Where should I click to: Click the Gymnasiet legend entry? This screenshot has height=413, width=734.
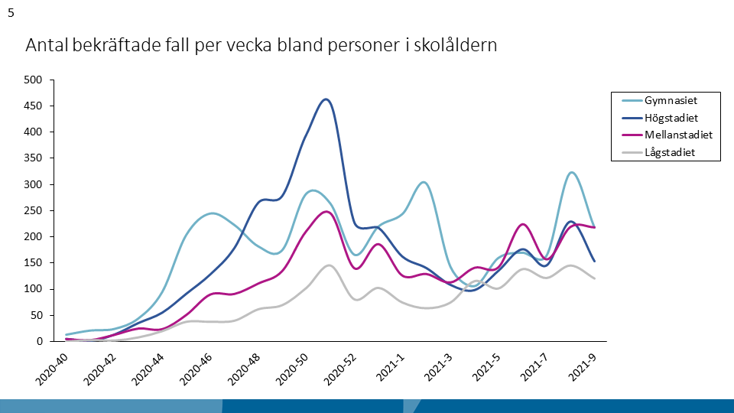tap(671, 100)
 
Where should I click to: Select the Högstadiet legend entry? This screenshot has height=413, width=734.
tap(671, 118)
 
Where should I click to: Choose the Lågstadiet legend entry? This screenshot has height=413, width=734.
tap(671, 152)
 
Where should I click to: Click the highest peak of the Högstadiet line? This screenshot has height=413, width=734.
tap(326, 99)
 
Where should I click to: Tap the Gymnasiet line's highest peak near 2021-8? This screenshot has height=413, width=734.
tap(572, 172)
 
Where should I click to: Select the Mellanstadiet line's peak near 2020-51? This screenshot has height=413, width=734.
tap(327, 212)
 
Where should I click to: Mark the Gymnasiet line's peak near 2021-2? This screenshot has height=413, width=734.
tap(424, 182)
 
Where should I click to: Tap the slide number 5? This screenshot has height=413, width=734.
tap(11, 13)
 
